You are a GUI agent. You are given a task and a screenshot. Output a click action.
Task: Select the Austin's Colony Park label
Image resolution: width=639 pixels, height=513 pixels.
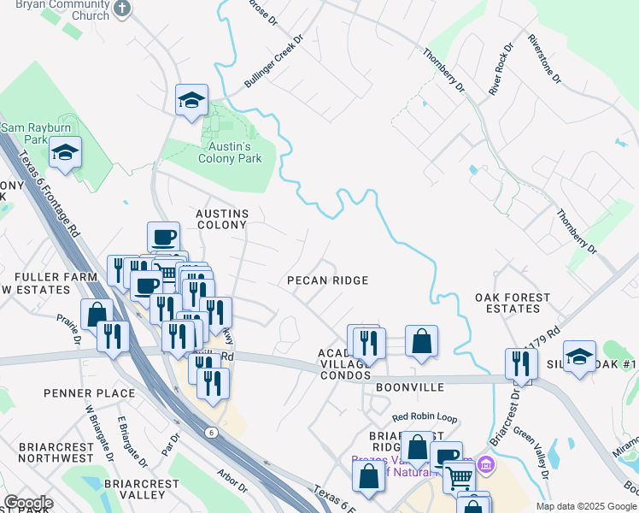[230, 152]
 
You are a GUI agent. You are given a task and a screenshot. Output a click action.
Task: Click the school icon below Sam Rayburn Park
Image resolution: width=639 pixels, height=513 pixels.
[65, 153]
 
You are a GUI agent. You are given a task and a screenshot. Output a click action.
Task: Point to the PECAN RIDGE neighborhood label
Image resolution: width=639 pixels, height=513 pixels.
[327, 280]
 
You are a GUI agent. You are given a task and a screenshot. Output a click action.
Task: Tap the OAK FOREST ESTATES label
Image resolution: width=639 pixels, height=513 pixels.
[513, 304]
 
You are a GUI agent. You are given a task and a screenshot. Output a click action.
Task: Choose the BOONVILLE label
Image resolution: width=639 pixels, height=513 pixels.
[410, 387]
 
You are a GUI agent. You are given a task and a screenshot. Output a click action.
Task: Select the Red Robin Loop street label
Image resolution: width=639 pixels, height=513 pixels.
[425, 418]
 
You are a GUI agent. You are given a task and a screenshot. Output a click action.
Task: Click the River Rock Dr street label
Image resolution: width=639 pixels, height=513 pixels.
[500, 68]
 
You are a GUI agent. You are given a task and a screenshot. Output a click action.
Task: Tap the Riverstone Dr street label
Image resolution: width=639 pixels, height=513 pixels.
[544, 59]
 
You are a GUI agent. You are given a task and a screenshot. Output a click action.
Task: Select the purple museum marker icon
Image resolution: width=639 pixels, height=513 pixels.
[486, 466]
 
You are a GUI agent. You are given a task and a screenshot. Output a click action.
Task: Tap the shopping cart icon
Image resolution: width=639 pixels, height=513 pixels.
[459, 477]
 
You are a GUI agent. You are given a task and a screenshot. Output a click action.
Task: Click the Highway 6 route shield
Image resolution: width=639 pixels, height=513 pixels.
[210, 433]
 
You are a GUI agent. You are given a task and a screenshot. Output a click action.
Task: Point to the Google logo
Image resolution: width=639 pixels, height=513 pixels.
[28, 503]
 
